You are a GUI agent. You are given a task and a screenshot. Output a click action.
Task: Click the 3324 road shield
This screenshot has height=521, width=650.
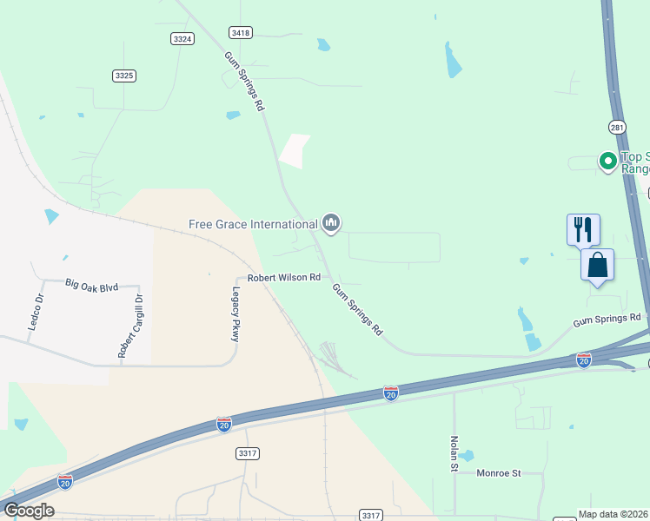click(182, 38)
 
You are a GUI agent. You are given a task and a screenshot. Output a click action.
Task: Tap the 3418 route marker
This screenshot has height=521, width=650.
click(241, 32)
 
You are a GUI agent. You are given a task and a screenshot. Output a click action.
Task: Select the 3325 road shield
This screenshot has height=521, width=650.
click(124, 76)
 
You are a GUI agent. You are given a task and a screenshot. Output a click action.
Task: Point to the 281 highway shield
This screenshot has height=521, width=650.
click(617, 127)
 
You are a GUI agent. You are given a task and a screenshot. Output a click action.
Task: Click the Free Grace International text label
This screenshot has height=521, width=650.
click(253, 224)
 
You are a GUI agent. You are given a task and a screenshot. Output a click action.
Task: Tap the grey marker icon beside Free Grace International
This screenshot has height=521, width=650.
click(330, 224)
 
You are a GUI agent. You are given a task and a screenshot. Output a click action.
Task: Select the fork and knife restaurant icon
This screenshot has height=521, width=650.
click(583, 230)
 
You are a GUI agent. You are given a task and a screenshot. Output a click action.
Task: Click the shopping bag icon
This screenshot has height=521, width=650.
click(598, 265)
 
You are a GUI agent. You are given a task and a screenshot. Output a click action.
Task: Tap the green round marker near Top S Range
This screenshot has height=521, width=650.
click(607, 161)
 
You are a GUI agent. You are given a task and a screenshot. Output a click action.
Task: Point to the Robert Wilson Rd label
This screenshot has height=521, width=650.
click(284, 278)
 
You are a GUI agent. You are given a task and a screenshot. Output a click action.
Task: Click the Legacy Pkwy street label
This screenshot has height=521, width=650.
click(235, 314)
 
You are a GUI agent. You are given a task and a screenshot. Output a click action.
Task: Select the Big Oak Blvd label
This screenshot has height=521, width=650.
click(91, 283)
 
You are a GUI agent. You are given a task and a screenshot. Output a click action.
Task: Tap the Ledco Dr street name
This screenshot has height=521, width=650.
click(38, 311)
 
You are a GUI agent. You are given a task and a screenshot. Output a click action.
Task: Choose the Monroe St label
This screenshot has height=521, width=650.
click(498, 473)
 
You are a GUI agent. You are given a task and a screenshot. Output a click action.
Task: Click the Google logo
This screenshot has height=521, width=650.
click(29, 510)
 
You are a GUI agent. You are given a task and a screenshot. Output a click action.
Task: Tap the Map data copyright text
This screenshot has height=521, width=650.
click(614, 514)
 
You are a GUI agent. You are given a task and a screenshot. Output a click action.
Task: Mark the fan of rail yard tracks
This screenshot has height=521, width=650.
click(333, 359)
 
